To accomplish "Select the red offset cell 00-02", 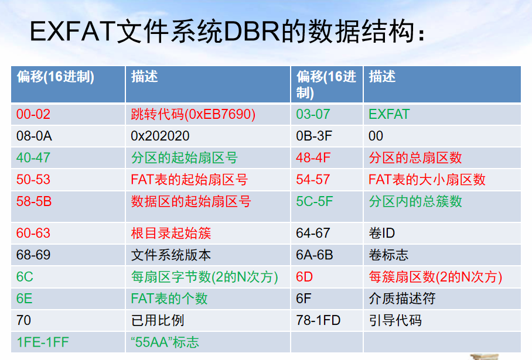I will (33, 114).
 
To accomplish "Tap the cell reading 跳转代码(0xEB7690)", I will (193, 114).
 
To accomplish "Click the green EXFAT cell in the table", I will (389, 114).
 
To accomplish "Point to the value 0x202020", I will (160, 136).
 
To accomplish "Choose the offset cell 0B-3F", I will (315, 136).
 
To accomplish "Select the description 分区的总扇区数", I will (415, 158).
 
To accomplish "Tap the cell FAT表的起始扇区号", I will (189, 180).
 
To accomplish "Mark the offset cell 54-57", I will (313, 180).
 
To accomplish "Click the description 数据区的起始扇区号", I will (190, 202).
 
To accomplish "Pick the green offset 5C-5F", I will (315, 202).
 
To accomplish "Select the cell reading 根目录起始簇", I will (170, 234).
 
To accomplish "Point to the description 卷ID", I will (381, 234).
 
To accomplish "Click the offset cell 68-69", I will (33, 255).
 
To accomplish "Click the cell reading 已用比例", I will (157, 321).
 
